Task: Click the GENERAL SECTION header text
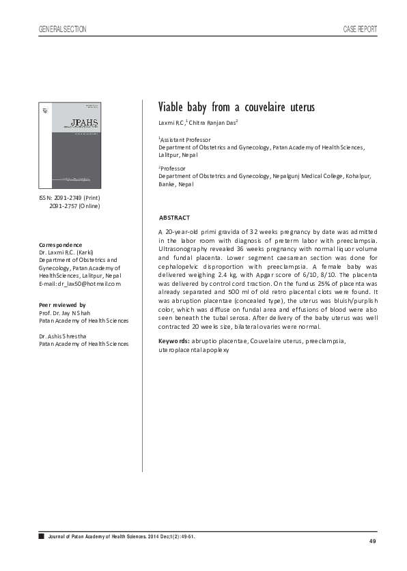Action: (x=64, y=29)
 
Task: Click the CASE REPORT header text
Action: (x=359, y=29)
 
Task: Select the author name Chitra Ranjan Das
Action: (x=212, y=123)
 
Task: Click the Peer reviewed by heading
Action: (x=62, y=304)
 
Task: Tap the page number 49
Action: (x=372, y=541)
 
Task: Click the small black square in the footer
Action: (x=42, y=537)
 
